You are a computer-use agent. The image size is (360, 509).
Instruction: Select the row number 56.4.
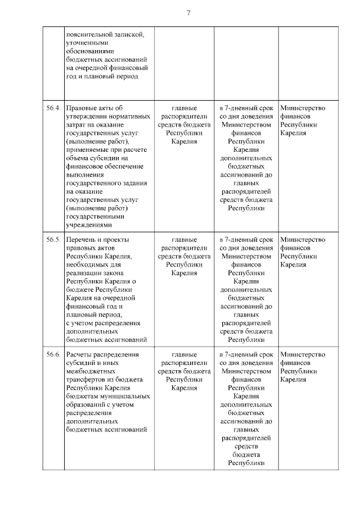[x=53, y=108]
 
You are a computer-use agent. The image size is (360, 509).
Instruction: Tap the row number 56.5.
[x=53, y=240]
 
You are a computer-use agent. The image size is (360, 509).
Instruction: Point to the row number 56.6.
[x=53, y=355]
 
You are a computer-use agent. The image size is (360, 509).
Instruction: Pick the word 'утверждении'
[x=87, y=116]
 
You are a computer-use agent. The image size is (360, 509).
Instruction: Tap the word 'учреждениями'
[x=90, y=224]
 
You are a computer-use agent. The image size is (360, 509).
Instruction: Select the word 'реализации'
[x=84, y=273]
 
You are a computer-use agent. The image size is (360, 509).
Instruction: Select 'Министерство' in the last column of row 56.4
[x=303, y=108]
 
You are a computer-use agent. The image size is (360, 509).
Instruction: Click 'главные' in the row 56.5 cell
[x=184, y=240]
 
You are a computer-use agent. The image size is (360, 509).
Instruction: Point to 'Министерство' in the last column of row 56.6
[x=303, y=355]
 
